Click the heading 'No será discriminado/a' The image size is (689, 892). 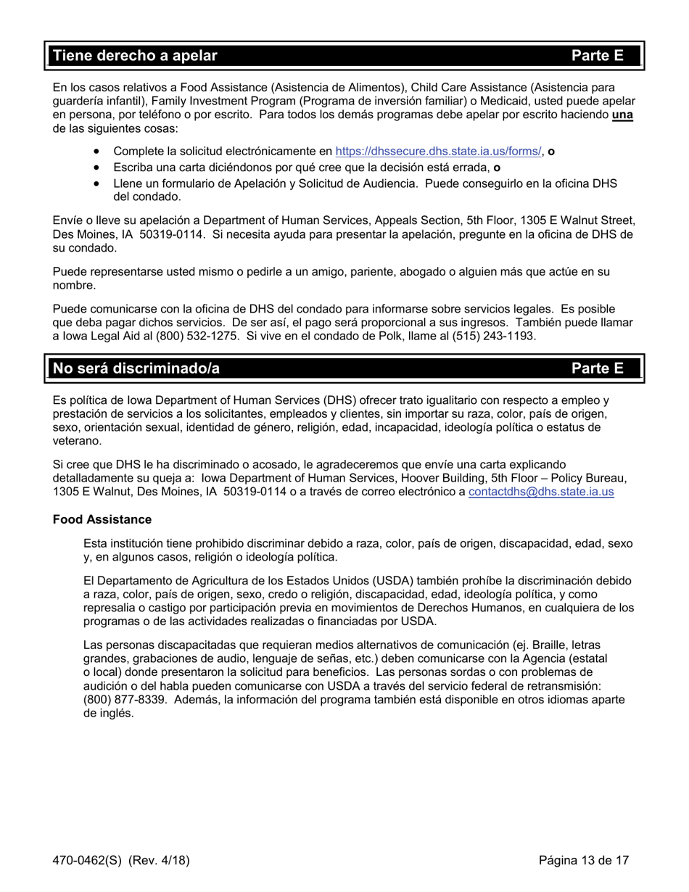point(136,368)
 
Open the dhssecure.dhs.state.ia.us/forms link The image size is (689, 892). point(438,152)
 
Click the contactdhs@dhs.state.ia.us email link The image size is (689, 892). point(541,492)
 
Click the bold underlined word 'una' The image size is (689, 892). point(622,115)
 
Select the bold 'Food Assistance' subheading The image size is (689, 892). point(102,519)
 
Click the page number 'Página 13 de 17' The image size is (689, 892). point(584,861)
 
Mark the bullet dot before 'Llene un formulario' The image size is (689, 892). point(97,183)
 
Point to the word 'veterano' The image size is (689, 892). point(76,441)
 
